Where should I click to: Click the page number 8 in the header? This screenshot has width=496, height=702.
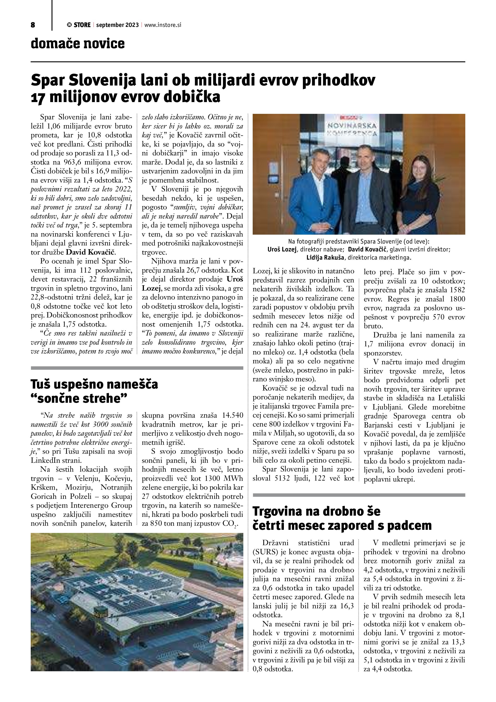33,25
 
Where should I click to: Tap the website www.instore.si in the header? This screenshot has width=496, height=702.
163,25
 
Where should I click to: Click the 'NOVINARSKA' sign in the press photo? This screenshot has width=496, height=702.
352,125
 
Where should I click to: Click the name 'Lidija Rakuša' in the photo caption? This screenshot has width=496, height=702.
325,258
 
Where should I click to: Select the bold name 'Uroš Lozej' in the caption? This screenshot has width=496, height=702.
282,250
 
